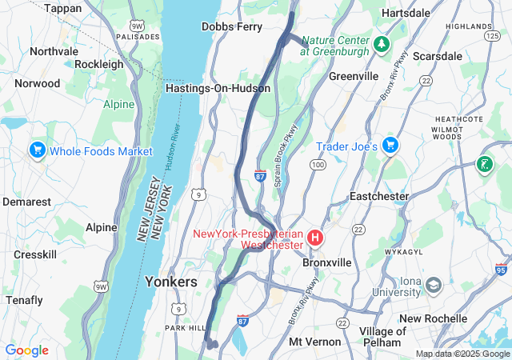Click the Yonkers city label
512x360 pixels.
tap(170, 282)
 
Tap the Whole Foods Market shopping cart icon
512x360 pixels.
tap(37, 150)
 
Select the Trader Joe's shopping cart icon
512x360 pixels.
tap(390, 146)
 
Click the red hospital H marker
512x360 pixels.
tap(315, 238)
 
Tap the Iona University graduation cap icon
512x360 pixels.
tap(434, 286)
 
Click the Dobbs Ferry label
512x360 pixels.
tap(232, 26)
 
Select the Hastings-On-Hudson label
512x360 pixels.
tap(218, 88)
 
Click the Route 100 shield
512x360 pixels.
tap(318, 165)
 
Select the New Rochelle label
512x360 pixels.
tap(433, 318)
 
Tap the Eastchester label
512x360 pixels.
tap(379, 196)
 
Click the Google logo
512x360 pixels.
tap(27, 350)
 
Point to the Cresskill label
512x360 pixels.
tap(35, 254)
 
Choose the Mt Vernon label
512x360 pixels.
tap(314, 342)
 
